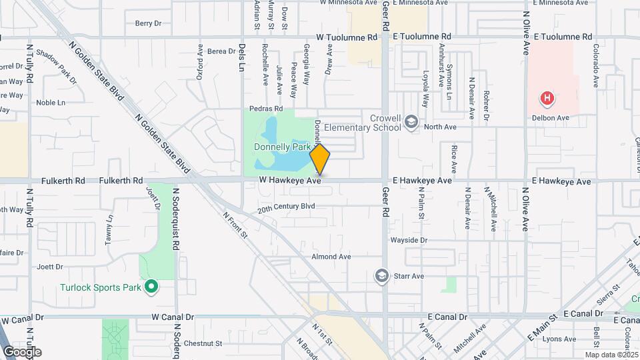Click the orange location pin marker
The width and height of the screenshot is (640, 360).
(x=320, y=159)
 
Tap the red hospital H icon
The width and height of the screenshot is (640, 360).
(x=547, y=99)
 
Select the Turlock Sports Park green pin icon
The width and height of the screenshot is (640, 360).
(x=151, y=287)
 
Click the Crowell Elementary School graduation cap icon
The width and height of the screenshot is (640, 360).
(x=412, y=121)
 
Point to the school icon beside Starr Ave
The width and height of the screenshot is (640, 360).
(x=381, y=275)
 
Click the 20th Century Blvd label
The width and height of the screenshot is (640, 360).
(x=286, y=207)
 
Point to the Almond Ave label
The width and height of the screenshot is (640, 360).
(x=331, y=256)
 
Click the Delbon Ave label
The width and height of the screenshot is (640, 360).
(x=550, y=118)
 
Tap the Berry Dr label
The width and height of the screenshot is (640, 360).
(x=148, y=23)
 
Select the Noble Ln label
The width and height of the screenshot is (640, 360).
(x=51, y=103)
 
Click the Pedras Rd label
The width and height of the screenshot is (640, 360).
(x=266, y=108)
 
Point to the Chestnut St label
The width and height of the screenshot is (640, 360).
(x=202, y=343)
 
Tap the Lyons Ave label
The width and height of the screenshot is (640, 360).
(x=559, y=339)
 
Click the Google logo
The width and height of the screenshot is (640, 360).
(x=22, y=351)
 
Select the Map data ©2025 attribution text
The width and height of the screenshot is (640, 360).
(x=611, y=355)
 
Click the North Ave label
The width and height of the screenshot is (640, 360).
(x=440, y=126)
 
